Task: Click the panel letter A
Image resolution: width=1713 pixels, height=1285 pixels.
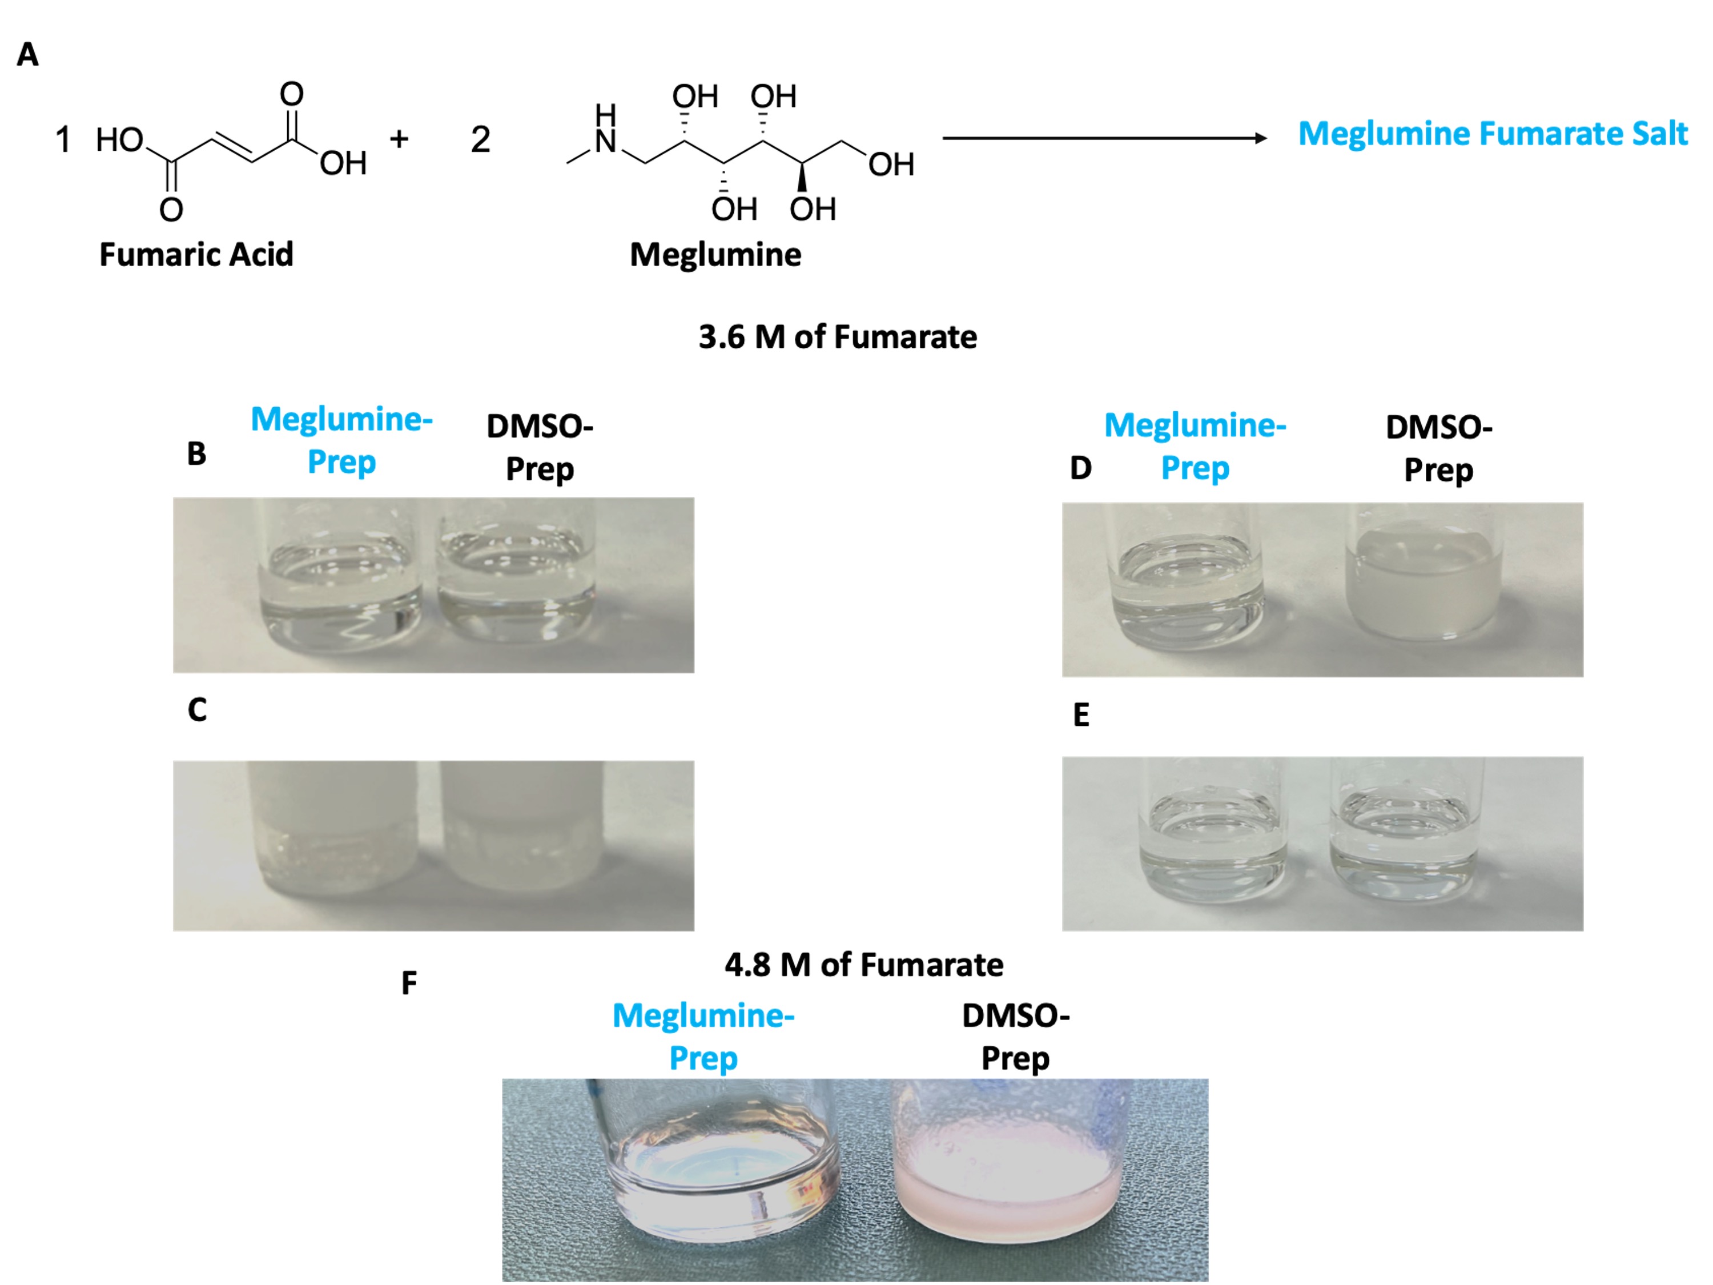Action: point(28,55)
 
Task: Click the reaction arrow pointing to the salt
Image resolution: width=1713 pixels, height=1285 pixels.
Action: point(1104,139)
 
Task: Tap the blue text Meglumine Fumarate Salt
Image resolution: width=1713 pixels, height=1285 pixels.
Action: point(1492,133)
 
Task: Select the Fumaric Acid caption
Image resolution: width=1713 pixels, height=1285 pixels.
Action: point(196,255)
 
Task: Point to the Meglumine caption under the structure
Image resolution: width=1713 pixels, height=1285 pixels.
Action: point(715,255)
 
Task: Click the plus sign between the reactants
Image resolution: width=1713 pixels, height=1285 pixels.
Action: point(399,139)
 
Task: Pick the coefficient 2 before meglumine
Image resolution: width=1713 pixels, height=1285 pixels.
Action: point(480,139)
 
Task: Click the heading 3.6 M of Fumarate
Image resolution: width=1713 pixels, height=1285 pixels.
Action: point(837,337)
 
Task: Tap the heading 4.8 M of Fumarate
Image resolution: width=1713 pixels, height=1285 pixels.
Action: point(863,965)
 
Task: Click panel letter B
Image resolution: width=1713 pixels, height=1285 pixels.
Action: point(196,454)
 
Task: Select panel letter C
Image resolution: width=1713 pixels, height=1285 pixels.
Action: point(198,709)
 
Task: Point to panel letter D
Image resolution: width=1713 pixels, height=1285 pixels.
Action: point(1081,468)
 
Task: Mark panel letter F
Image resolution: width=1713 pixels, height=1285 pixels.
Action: point(409,983)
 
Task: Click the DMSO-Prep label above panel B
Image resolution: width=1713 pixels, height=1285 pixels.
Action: point(540,448)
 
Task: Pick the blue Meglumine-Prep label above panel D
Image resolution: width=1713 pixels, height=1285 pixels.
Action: point(1195,447)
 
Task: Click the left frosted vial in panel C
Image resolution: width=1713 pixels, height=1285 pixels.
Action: point(335,829)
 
